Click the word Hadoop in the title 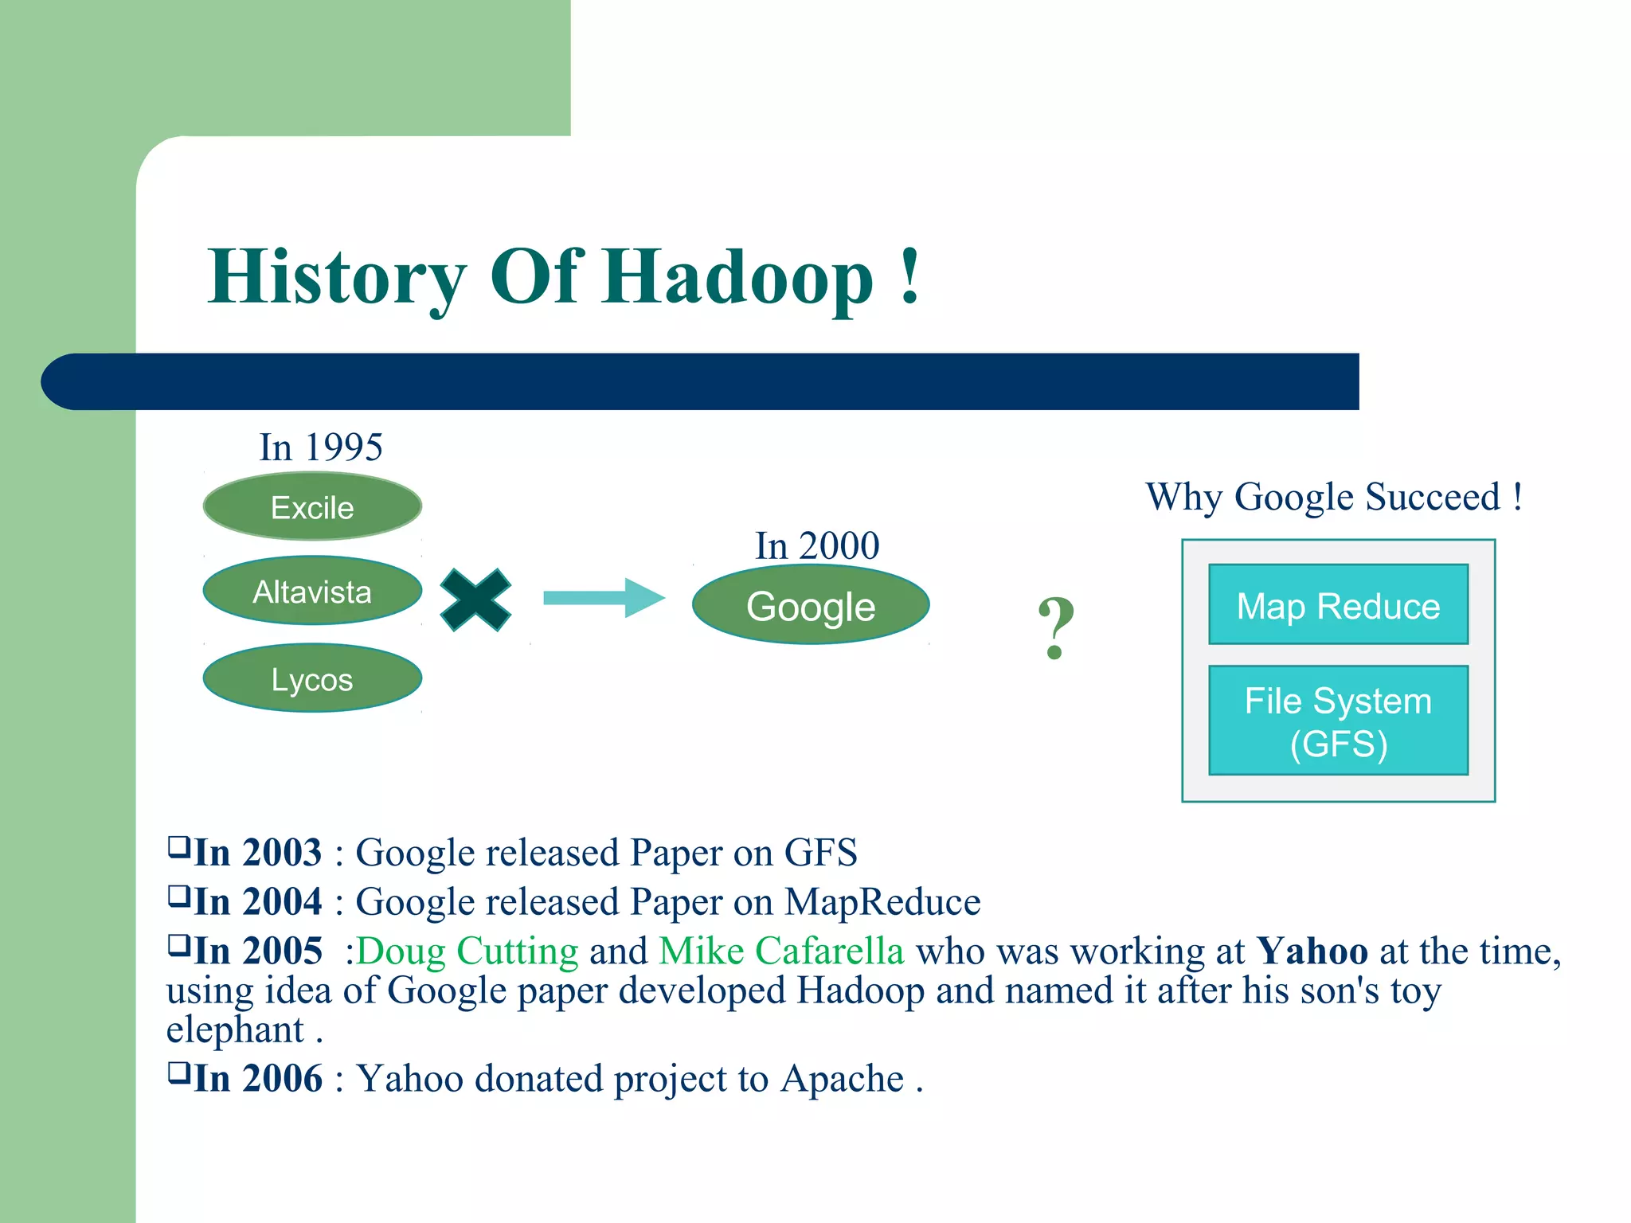tap(737, 277)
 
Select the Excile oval tap(312, 507)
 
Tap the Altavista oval tap(312, 592)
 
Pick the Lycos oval tap(312, 679)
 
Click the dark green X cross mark tap(475, 600)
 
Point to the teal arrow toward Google tap(604, 598)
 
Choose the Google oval tap(811, 606)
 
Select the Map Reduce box tap(1338, 605)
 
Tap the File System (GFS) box tap(1338, 721)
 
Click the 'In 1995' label tap(321, 447)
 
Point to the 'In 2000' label tap(817, 546)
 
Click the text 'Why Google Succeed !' tap(1334, 497)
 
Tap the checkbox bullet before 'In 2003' tap(178, 846)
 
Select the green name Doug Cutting tap(467, 951)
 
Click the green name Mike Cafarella tap(781, 951)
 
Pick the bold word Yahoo tap(1312, 951)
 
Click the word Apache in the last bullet tap(843, 1080)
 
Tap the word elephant tap(235, 1030)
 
